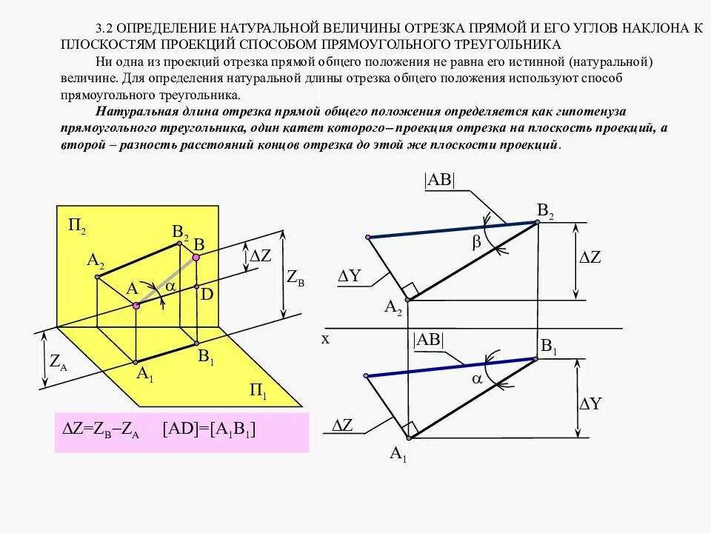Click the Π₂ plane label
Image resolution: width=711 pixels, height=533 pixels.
pos(78,227)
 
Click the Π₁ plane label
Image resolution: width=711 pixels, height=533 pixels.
pos(258,390)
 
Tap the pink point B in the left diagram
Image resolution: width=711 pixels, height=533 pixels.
pos(196,258)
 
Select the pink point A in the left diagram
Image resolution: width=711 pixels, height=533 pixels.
pos(135,305)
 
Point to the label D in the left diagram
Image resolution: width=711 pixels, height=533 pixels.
pos(207,294)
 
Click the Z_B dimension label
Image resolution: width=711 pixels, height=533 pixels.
pos(296,279)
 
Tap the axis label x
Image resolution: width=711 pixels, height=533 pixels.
pos(324,338)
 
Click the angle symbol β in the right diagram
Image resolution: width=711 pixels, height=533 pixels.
pos(476,242)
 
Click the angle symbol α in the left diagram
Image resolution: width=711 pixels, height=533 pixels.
pos(170,285)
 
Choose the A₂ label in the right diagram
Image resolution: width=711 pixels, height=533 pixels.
pos(393,307)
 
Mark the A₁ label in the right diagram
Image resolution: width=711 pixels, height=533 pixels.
pos(398,454)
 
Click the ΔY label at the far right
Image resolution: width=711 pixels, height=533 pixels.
pos(590,403)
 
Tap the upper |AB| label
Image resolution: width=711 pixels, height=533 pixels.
pos(439,180)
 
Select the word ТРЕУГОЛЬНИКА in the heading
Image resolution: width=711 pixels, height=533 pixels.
pos(502,43)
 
